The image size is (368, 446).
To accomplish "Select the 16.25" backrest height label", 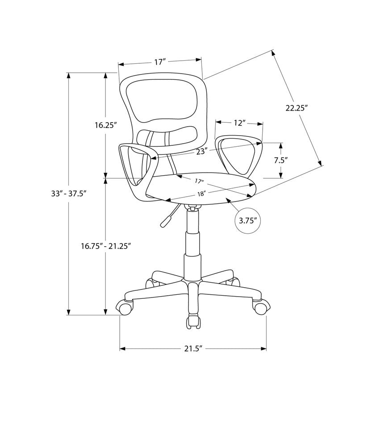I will coord(105,125).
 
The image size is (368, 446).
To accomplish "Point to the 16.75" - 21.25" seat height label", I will coord(105,246).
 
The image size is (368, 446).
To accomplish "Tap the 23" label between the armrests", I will coord(202,151).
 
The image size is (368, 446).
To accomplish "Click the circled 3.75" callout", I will coord(247,220).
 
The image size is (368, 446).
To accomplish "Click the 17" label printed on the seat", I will coord(199,181).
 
